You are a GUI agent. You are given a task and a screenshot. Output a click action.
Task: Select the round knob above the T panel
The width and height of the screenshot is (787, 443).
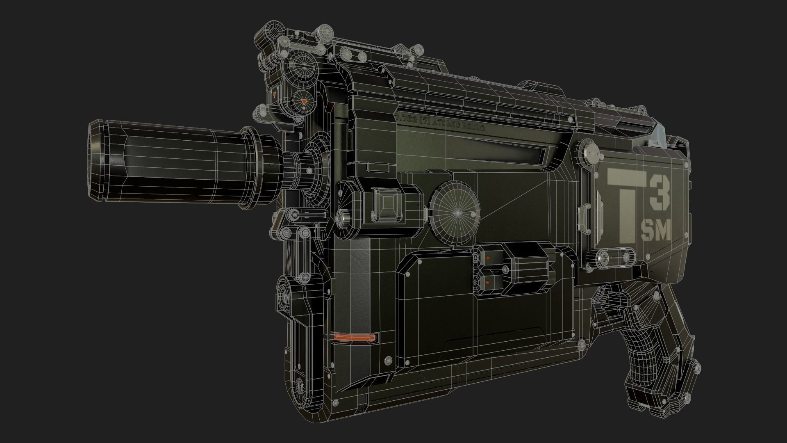tap(589, 149)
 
